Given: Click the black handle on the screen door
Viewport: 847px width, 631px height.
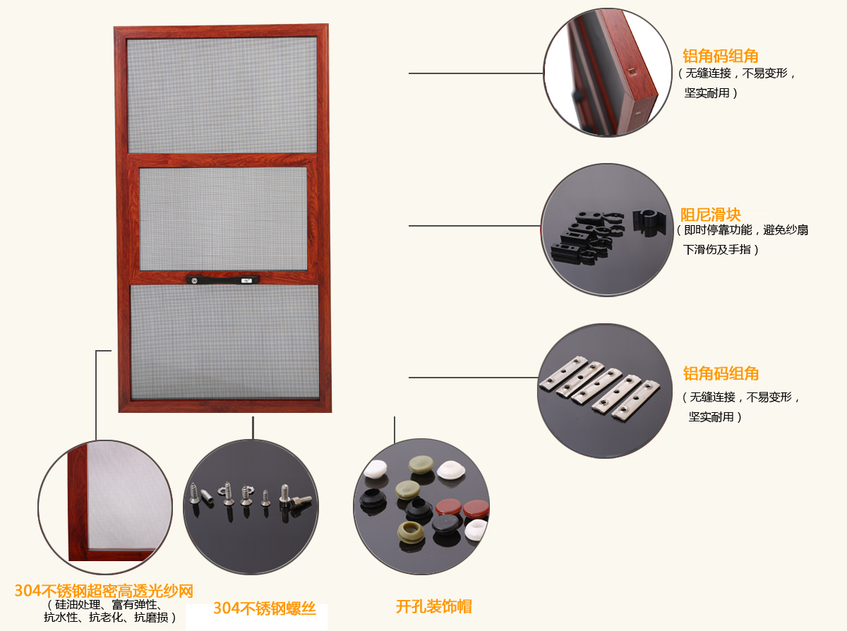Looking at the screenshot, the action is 223,280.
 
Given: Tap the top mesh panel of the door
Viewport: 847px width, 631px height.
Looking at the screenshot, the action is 222,95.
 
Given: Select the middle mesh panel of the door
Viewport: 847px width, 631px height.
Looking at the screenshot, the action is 224,219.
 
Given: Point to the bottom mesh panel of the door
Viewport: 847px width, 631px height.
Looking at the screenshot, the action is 225,342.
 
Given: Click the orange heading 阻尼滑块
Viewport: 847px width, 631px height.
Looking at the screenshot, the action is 711,215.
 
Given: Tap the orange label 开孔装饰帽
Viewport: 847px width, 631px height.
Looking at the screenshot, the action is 434,606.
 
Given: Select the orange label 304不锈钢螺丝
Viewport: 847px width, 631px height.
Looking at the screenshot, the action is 265,608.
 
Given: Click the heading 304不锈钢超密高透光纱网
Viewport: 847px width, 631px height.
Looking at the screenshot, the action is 104,591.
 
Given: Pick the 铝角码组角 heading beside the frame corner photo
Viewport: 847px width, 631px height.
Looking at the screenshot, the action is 720,56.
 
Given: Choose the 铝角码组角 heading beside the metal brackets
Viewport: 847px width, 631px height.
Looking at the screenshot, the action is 721,373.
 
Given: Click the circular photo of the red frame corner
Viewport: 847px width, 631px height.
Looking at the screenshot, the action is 608,73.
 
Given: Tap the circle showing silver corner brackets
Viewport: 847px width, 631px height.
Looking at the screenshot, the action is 605,391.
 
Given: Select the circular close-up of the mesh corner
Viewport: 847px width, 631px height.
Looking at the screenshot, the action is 105,507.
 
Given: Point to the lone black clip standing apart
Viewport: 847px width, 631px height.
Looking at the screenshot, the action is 649,222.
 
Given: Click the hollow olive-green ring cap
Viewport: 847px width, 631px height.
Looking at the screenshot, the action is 411,531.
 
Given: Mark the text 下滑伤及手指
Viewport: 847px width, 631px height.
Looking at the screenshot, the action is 717,250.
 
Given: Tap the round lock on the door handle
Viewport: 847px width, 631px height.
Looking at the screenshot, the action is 194,281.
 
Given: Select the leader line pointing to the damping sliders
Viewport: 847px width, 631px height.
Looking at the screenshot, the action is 474,226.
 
